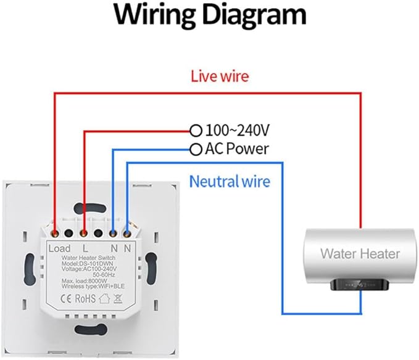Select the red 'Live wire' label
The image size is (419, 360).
coord(219,77)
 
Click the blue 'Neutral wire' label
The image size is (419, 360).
coord(230,181)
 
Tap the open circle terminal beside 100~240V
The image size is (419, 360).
coord(196,131)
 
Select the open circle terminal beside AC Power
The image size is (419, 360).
coord(196,149)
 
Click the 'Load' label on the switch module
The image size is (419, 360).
coord(59,248)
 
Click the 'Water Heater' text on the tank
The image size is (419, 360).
coord(360,253)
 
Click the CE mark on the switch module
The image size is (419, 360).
coord(65,299)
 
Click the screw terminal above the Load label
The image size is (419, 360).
coord(56,234)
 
